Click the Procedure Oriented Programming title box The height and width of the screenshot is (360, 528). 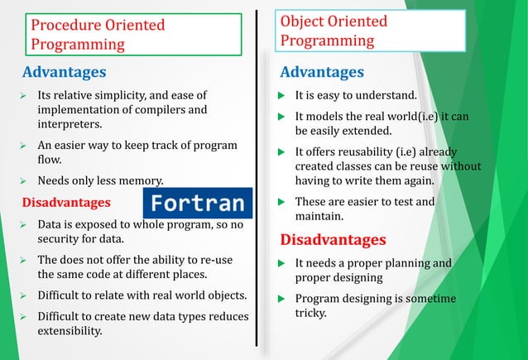pyautogui.click(x=132, y=35)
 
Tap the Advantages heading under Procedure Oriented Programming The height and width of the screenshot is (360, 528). pyautogui.click(x=64, y=72)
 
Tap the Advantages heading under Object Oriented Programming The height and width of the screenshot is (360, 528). pyautogui.click(x=322, y=73)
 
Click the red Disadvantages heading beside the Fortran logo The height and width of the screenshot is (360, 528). pyautogui.click(x=65, y=202)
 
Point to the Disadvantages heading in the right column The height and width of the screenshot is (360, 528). pyautogui.click(x=333, y=240)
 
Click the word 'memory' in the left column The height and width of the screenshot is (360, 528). pyautogui.click(x=141, y=180)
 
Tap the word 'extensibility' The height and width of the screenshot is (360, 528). pyautogui.click(x=70, y=332)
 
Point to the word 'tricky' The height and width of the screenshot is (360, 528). pyautogui.click(x=313, y=314)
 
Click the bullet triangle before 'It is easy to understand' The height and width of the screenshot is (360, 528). pyautogui.click(x=282, y=97)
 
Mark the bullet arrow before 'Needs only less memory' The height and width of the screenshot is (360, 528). pyautogui.click(x=24, y=180)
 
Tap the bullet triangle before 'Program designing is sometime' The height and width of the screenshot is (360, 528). pyautogui.click(x=282, y=299)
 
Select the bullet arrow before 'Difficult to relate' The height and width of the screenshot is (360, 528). pyautogui.click(x=24, y=295)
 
